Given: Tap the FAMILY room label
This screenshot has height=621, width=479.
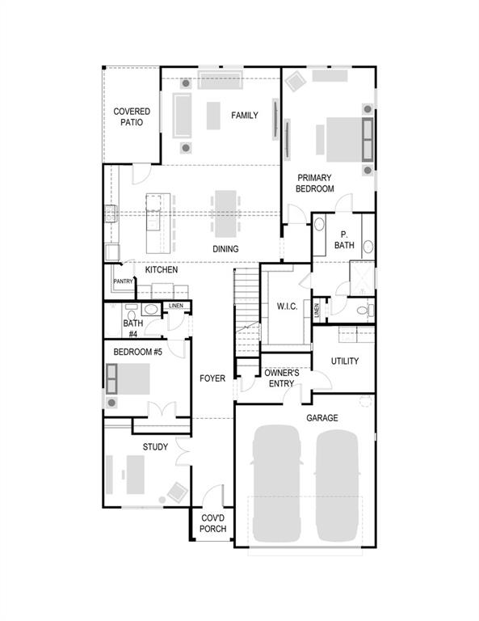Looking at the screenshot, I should tap(244, 116).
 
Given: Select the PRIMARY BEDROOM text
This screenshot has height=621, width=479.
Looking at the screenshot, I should tap(315, 183).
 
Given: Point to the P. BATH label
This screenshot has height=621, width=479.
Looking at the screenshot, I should tap(344, 239).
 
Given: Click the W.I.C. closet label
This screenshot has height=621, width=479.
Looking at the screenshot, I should tap(287, 306).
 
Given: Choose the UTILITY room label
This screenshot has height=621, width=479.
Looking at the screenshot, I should tap(344, 361).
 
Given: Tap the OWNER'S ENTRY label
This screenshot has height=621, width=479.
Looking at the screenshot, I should tap(280, 378).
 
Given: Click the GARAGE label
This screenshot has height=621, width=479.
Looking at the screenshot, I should tap(321, 418).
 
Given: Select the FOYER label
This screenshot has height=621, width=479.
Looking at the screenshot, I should tap(212, 378).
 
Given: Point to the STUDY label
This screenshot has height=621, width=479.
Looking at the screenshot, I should tap(155, 446).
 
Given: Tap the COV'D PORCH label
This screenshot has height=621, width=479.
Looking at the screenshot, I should tap(212, 523).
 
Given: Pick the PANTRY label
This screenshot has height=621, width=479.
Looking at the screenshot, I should tap(123, 281).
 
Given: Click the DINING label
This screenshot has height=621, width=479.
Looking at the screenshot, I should tap(225, 249).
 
